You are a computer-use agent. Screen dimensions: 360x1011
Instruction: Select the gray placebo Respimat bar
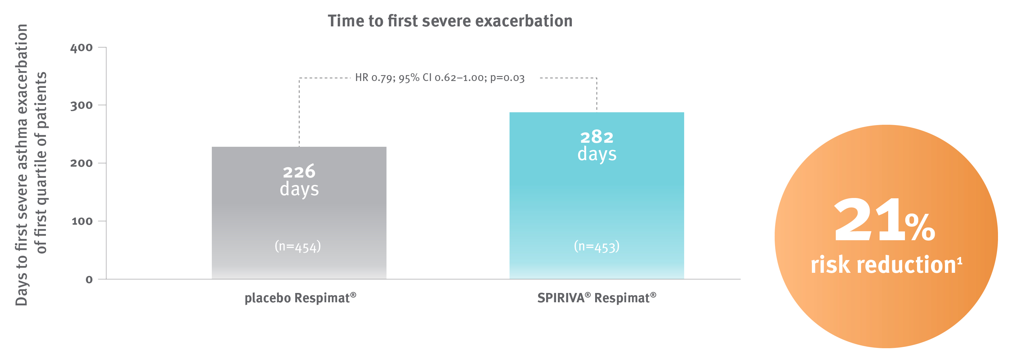[x=299, y=220]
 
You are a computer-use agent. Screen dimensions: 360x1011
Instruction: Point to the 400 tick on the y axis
[x=81, y=47]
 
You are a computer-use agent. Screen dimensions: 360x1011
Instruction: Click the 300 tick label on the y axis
[x=81, y=105]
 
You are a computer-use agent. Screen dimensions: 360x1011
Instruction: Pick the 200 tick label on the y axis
[x=81, y=163]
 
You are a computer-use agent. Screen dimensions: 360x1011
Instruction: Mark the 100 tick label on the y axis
[x=82, y=221]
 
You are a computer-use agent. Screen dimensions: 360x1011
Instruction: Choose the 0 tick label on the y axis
[x=89, y=280]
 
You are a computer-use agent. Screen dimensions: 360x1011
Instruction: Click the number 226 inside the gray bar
[x=299, y=172]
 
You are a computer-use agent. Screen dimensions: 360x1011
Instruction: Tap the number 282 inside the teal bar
[x=597, y=137]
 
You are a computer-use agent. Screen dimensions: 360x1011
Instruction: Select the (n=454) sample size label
[x=297, y=246]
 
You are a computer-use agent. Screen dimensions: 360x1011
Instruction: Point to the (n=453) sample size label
[x=597, y=246]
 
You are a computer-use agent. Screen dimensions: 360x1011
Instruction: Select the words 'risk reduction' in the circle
[x=883, y=265]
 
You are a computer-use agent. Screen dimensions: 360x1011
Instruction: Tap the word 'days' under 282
[x=597, y=154]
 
